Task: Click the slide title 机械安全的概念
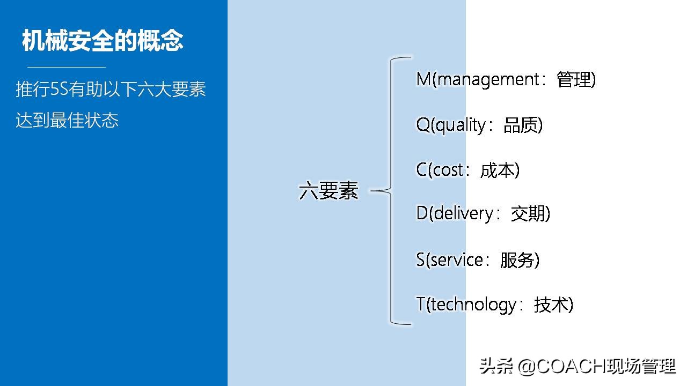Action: point(103,41)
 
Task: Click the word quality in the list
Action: point(460,125)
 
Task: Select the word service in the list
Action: point(457,260)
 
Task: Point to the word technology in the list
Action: point(473,305)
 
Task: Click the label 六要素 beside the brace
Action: point(328,191)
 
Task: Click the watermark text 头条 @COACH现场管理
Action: point(578,367)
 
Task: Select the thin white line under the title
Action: point(67,67)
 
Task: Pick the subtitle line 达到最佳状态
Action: point(67,120)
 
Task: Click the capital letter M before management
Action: point(423,80)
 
